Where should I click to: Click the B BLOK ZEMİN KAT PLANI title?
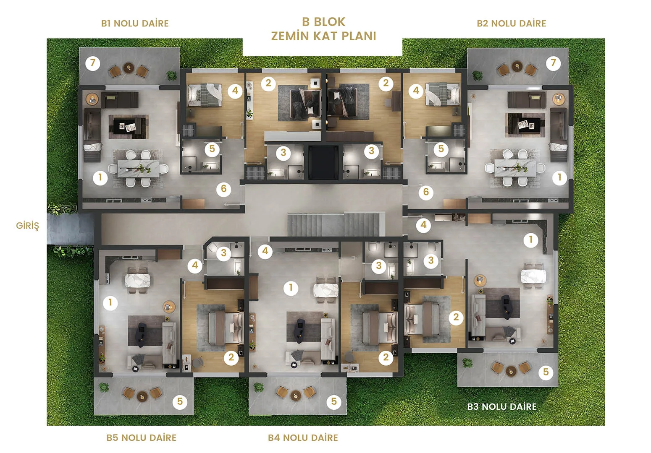click(323, 29)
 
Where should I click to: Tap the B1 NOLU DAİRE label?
click(135, 23)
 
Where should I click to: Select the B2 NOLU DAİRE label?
click(512, 23)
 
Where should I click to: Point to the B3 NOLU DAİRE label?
click(502, 406)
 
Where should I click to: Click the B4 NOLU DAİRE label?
click(303, 437)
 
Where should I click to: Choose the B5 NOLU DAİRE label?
click(142, 437)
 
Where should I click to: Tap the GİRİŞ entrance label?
click(27, 226)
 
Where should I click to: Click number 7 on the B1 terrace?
click(93, 62)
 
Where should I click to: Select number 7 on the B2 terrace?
click(553, 62)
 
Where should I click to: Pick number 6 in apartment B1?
click(223, 189)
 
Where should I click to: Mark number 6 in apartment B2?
click(426, 192)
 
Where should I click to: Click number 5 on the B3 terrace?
click(546, 372)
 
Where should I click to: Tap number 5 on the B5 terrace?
click(180, 401)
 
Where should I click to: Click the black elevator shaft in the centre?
click(323, 162)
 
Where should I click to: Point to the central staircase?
click(336, 225)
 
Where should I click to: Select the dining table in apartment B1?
click(138, 169)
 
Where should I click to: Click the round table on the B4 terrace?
click(296, 395)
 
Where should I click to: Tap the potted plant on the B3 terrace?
click(467, 363)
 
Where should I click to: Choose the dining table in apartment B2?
click(516, 168)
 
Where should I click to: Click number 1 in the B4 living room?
click(291, 288)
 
